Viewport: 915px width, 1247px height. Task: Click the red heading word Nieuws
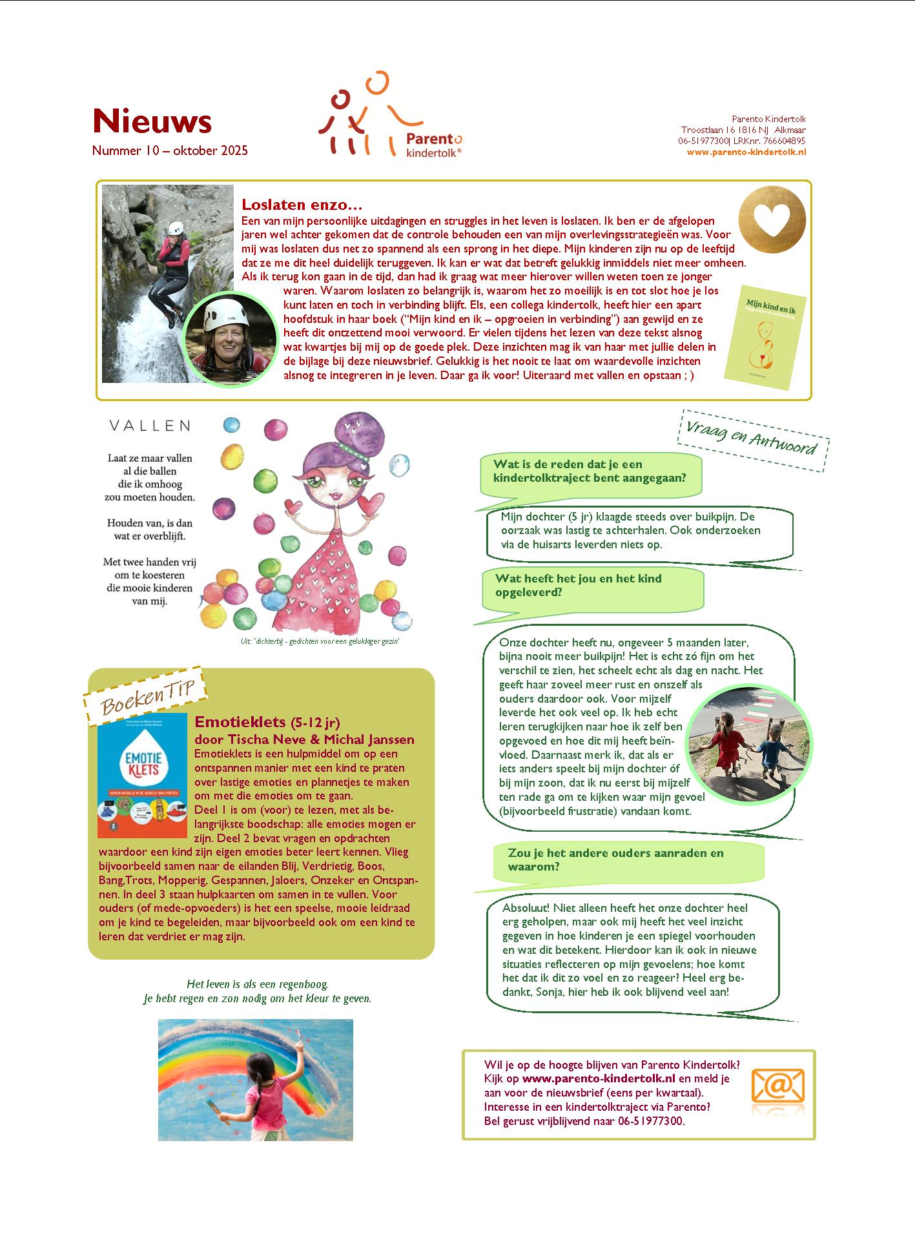[x=152, y=121]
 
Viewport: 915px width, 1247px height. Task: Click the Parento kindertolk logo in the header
[x=389, y=116]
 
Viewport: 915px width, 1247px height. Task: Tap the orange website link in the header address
[x=746, y=152]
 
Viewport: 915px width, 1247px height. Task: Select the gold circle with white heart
[x=772, y=218]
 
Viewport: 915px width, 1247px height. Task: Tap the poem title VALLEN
[x=150, y=426]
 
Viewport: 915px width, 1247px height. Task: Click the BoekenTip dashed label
[x=145, y=696]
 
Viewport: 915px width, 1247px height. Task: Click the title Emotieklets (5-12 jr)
[x=267, y=721]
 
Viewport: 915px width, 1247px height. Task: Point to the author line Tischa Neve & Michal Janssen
[x=304, y=739]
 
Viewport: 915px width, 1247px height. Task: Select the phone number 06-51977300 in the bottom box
[x=651, y=1121]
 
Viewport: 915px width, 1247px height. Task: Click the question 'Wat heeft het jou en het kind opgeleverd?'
[x=578, y=585]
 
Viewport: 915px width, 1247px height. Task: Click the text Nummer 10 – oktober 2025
[x=170, y=150]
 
